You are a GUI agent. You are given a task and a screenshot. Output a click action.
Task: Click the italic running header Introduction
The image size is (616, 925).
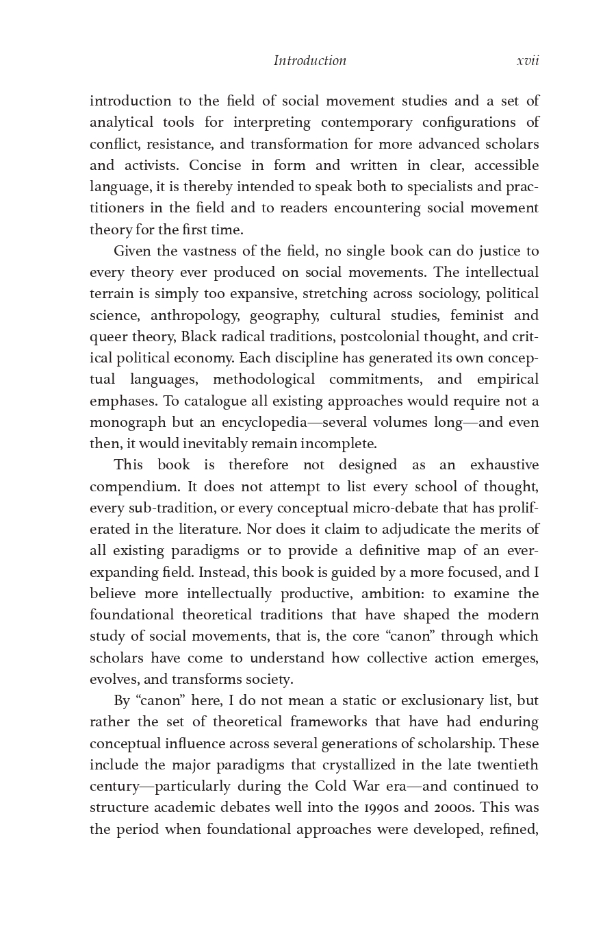pyautogui.click(x=309, y=60)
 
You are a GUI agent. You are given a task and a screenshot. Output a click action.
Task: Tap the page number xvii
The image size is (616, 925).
pyautogui.click(x=528, y=60)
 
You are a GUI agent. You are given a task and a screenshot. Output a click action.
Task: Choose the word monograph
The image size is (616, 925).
pyautogui.click(x=123, y=422)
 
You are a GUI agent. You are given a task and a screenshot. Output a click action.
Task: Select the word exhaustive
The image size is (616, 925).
pyautogui.click(x=504, y=465)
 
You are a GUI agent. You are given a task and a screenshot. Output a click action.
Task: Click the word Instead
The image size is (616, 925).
pyautogui.click(x=223, y=572)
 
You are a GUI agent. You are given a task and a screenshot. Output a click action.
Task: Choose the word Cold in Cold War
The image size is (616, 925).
pyautogui.click(x=331, y=786)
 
